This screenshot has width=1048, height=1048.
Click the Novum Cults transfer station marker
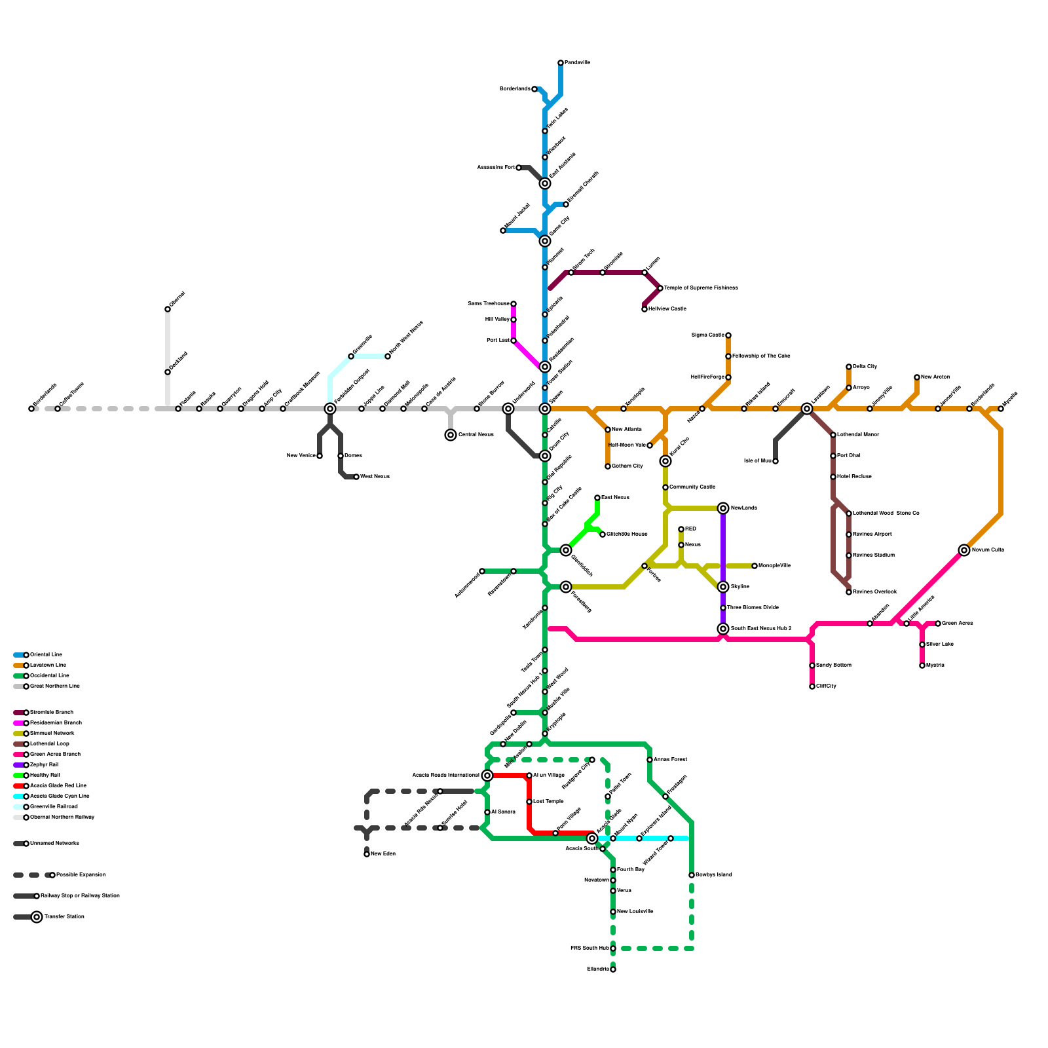[964, 550]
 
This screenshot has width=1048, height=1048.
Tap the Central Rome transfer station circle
[451, 435]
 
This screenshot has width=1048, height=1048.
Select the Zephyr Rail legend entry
[45, 765]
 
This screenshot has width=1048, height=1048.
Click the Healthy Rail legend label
[45, 776]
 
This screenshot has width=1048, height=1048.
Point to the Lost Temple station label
[548, 802]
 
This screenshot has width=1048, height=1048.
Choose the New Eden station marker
[367, 854]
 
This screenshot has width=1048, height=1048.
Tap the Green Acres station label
[957, 624]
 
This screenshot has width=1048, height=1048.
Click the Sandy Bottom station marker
[812, 665]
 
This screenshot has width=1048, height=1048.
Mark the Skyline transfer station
[723, 587]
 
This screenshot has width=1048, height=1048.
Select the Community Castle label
[692, 487]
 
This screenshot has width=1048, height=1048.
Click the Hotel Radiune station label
[854, 477]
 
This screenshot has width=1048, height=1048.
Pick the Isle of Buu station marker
[776, 461]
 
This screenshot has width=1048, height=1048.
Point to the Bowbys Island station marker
[692, 875]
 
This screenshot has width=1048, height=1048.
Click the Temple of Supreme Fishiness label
[701, 288]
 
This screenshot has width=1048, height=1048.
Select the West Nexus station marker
[356, 477]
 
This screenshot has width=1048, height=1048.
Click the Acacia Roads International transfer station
[487, 776]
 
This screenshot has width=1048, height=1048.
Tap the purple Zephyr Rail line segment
[723, 544]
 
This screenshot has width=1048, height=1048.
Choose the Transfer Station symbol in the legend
[37, 917]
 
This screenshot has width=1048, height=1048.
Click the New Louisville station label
[635, 912]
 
